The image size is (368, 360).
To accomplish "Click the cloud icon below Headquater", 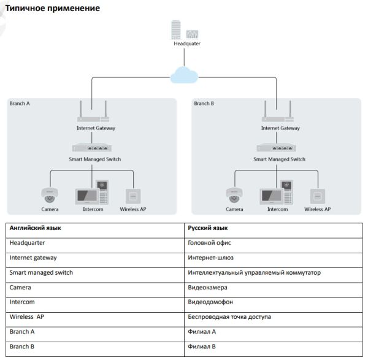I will pyautogui.click(x=185, y=74).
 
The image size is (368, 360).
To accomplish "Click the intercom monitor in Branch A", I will pyautogui.click(x=85, y=196).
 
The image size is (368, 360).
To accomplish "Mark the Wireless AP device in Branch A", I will pyautogui.click(x=131, y=196).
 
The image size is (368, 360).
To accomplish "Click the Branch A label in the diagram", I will pyautogui.click(x=20, y=104).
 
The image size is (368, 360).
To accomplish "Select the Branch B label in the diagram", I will pyautogui.click(x=204, y=104).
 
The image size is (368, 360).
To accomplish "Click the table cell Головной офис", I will pyautogui.click(x=210, y=243).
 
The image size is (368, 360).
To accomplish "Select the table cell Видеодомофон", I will pyautogui.click(x=210, y=302).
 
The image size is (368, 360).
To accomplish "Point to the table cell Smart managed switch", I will pyautogui.click(x=42, y=272).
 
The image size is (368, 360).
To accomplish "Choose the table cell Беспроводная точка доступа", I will pyautogui.click(x=229, y=316).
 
